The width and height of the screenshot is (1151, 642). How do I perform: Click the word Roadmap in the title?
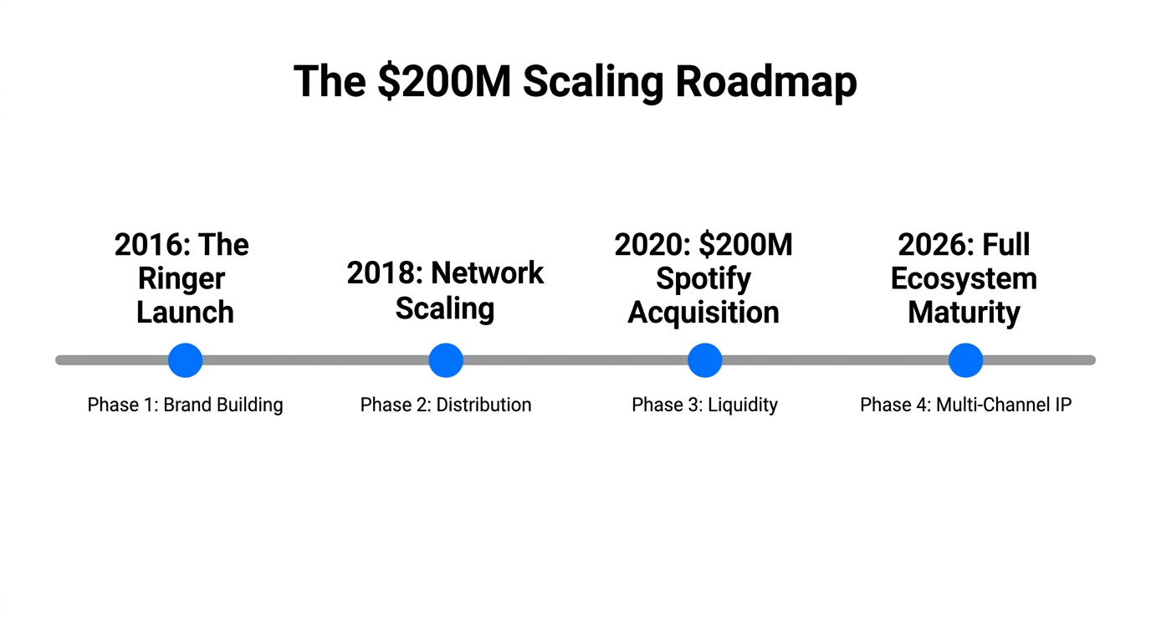765,82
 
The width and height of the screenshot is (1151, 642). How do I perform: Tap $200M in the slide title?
443,82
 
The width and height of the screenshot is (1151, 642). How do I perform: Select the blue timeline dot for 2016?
185,360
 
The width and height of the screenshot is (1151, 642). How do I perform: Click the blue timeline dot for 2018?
446,360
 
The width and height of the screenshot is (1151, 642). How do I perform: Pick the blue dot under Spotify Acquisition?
704,360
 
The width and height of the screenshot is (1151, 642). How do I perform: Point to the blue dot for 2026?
965,360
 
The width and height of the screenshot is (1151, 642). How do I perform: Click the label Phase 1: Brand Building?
185,405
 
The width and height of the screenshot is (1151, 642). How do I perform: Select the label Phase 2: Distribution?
446,405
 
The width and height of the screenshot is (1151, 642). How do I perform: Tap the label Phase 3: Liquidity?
704,405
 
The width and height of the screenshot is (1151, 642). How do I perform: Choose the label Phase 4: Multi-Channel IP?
965,405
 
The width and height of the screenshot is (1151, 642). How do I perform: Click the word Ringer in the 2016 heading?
182,279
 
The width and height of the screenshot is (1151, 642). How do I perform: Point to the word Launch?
185,313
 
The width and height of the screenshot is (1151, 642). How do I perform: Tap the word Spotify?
703,279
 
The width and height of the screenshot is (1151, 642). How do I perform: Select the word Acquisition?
703,313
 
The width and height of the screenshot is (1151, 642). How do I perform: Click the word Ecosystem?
964,279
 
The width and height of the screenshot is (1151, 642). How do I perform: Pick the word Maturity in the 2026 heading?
964,313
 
